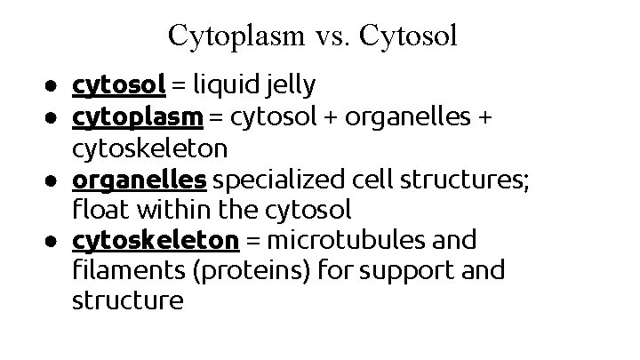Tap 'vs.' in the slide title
(x=332, y=36)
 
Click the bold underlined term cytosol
(x=119, y=85)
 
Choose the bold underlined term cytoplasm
(x=138, y=117)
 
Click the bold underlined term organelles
(x=140, y=180)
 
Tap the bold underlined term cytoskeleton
(x=156, y=240)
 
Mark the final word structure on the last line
(x=128, y=301)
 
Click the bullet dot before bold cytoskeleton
(x=55, y=241)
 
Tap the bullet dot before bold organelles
(x=55, y=180)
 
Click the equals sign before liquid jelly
(x=179, y=86)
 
